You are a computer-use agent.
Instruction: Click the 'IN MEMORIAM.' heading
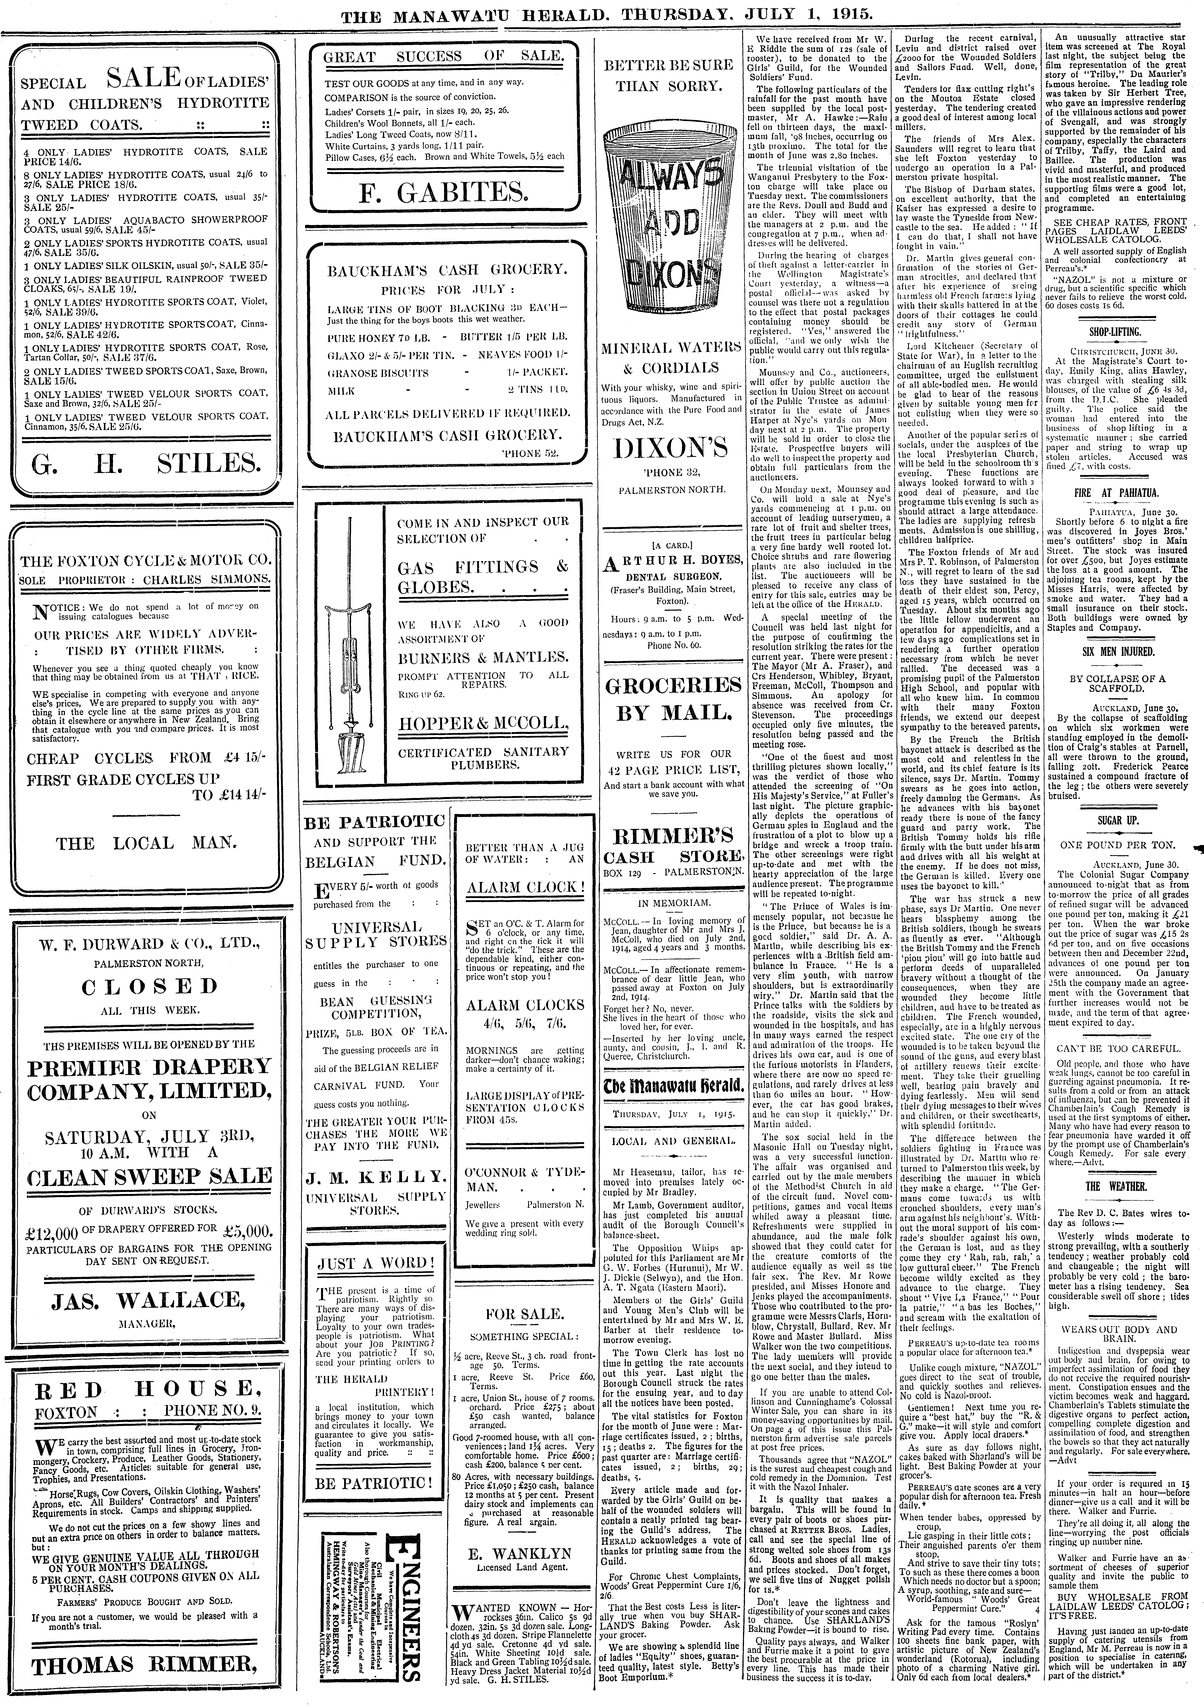click(x=674, y=903)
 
